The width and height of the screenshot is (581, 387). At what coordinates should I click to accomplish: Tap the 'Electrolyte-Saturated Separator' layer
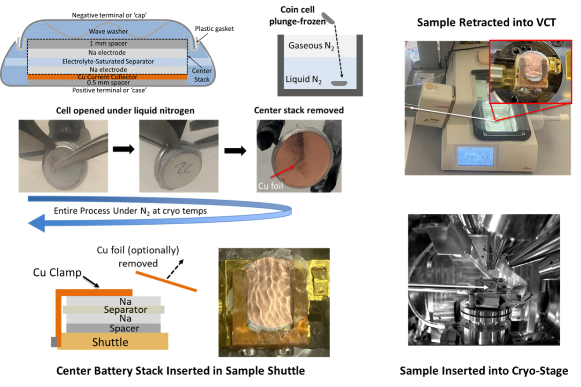coord(108,62)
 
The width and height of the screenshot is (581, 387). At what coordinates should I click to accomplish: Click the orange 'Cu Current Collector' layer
coord(108,77)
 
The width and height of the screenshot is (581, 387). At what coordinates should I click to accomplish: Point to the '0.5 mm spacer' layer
coord(108,83)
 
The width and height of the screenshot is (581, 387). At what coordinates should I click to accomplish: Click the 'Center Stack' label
coord(202,75)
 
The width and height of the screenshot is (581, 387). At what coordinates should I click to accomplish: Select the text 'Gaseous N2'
coord(312,45)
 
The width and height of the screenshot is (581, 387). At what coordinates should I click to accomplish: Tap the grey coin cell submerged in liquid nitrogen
coord(339,83)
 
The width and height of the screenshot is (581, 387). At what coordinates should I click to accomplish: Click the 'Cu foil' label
coord(270,186)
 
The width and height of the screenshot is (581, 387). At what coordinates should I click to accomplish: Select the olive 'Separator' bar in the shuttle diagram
coord(114,310)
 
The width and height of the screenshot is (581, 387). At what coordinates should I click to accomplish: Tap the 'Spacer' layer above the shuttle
coord(114,328)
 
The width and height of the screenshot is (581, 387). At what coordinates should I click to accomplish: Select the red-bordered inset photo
coord(530,71)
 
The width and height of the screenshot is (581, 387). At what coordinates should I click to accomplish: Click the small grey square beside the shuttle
coord(53,342)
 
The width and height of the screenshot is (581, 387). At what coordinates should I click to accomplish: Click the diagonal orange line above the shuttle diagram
coord(166,281)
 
